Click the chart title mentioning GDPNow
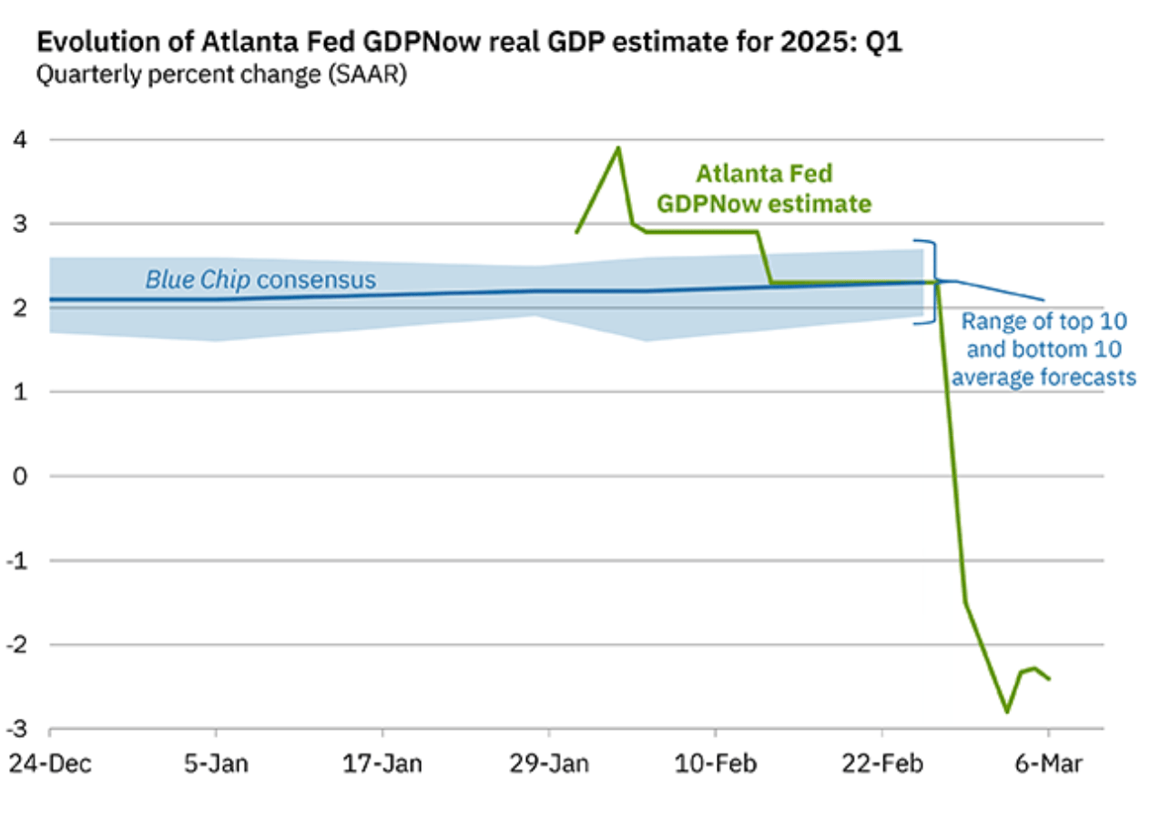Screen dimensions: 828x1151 pyautogui.click(x=469, y=43)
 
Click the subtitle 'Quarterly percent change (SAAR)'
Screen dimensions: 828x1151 pyautogui.click(x=221, y=76)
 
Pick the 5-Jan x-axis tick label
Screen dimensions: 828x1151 pyautogui.click(x=215, y=763)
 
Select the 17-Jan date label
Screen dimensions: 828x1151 pyautogui.click(x=382, y=763)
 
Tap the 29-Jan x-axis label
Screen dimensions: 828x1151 pyautogui.click(x=549, y=763)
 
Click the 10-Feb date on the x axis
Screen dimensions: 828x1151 pyautogui.click(x=716, y=763)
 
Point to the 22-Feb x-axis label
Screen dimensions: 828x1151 pyautogui.click(x=882, y=763)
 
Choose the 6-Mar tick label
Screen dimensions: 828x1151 pyautogui.click(x=1048, y=763)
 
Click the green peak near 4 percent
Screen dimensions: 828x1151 pyautogui.click(x=618, y=147)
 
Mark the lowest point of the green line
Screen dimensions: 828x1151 pyautogui.click(x=1006, y=712)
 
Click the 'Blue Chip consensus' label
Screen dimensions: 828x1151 pyautogui.click(x=260, y=279)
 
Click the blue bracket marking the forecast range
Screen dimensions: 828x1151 pyautogui.click(x=931, y=281)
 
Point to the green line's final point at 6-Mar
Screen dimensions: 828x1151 pyautogui.click(x=1048, y=679)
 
